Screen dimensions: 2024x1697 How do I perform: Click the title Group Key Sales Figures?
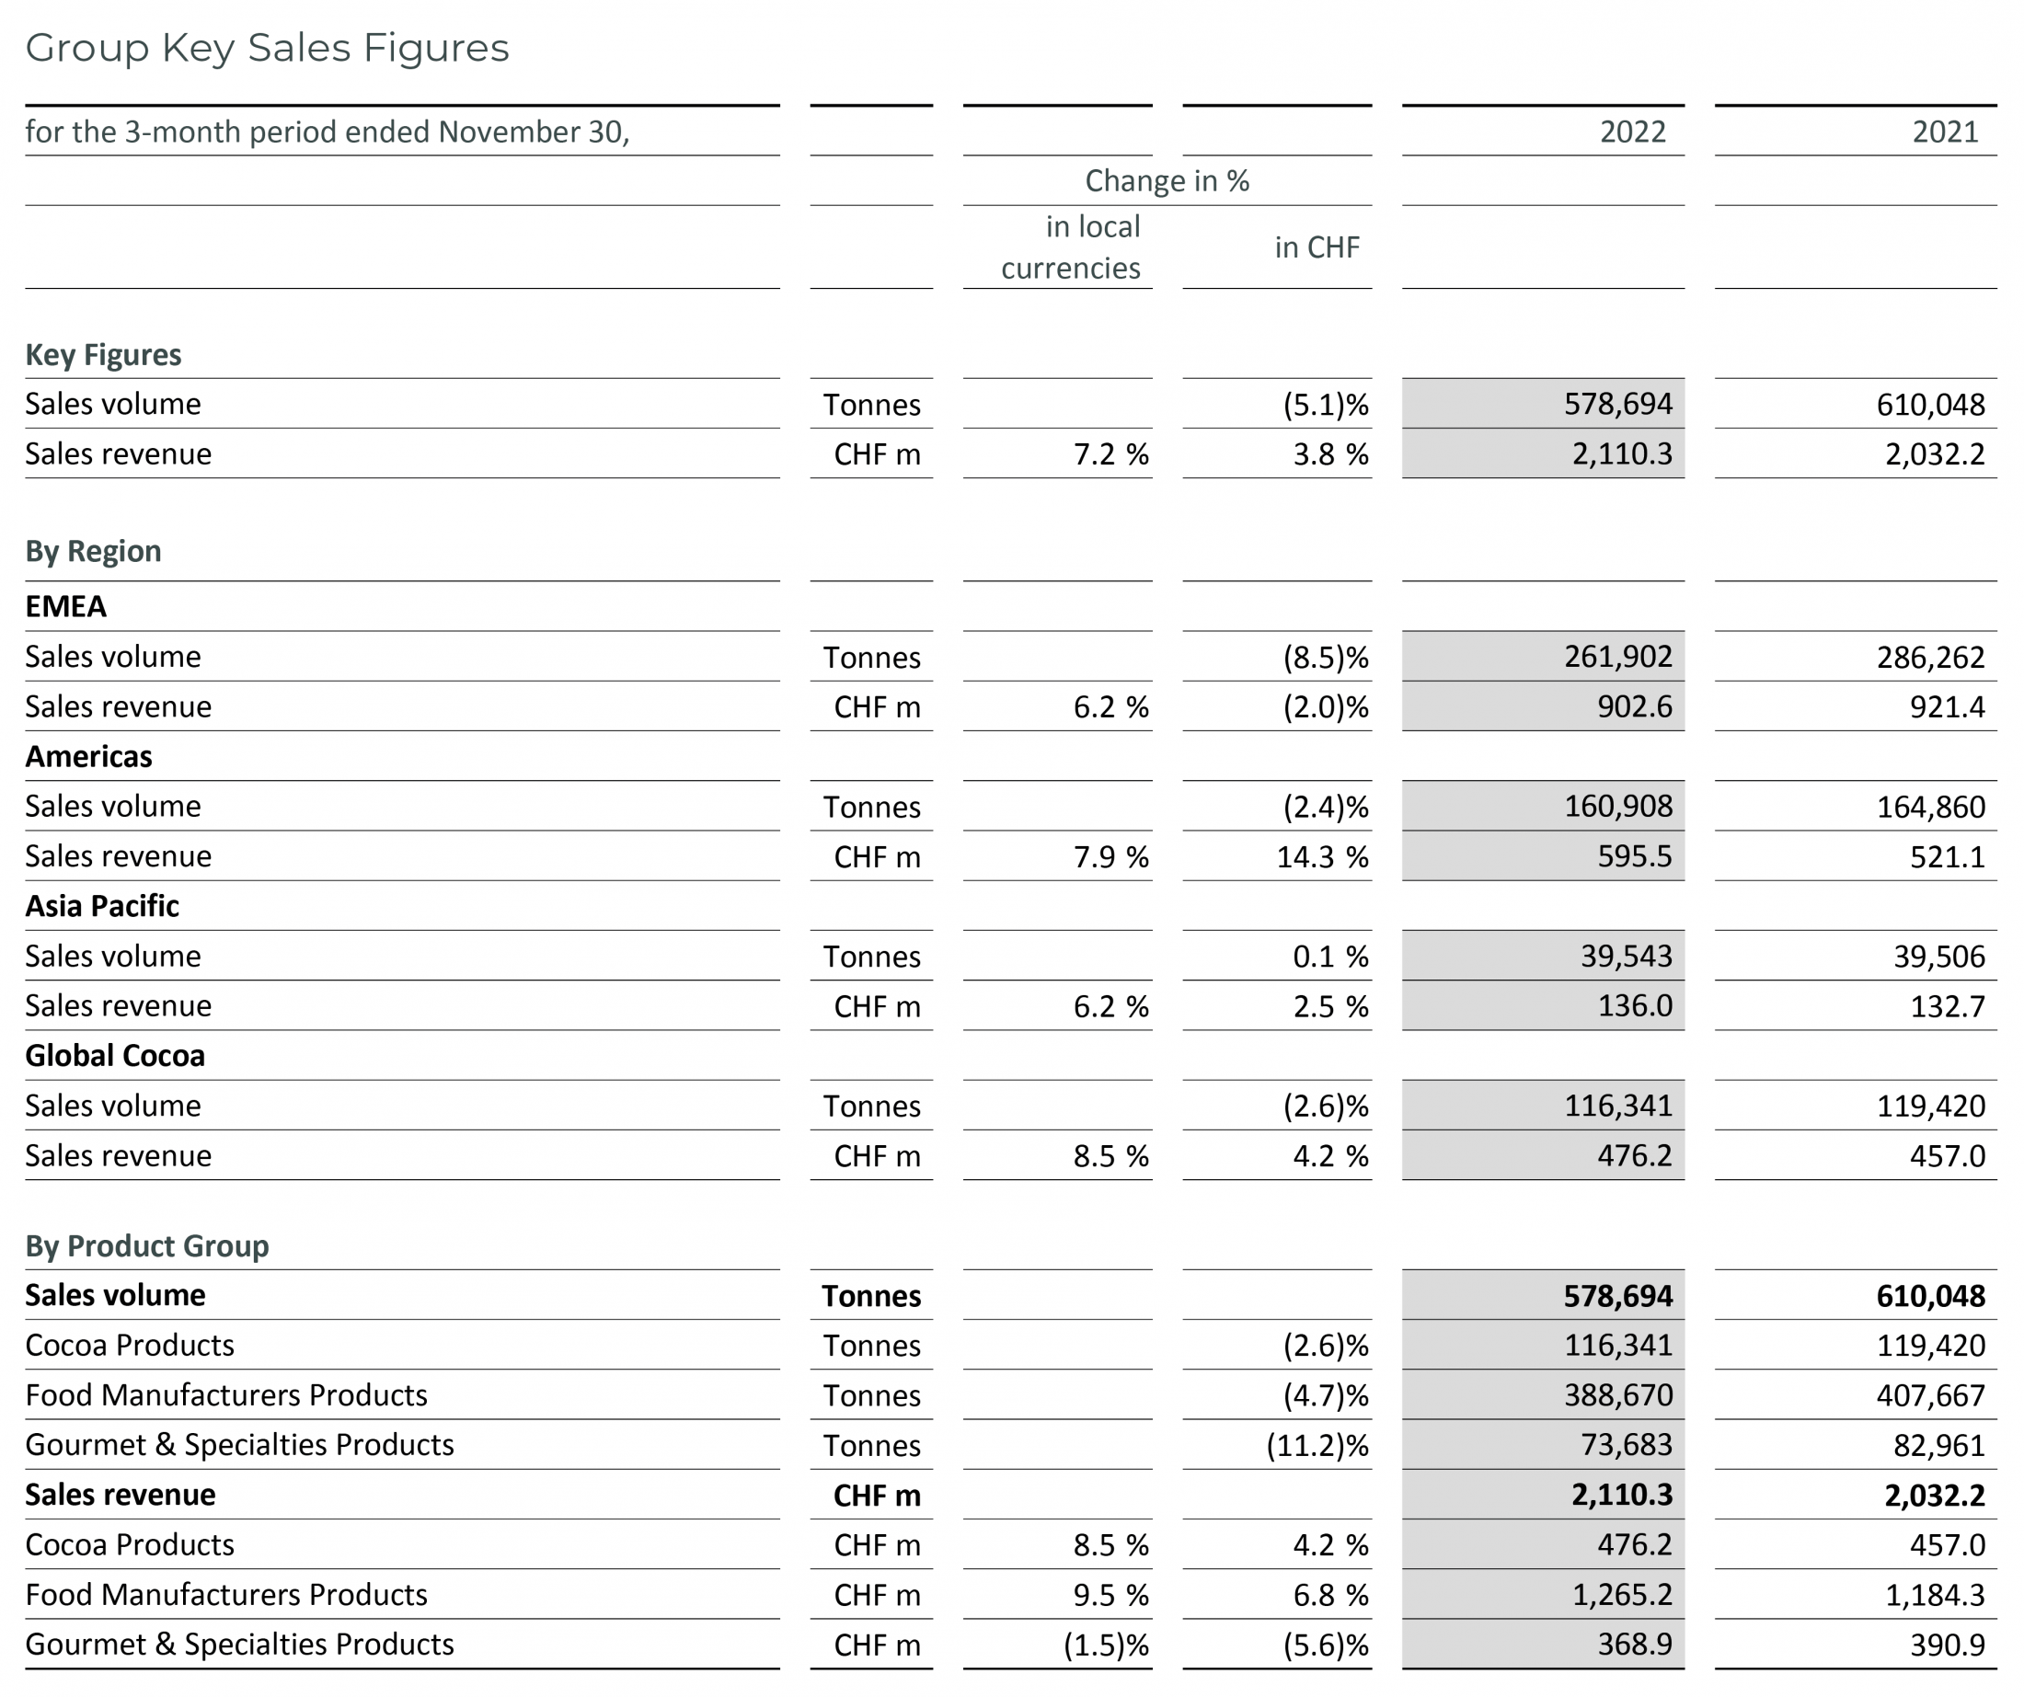267,48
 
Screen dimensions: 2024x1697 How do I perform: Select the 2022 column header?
1633,132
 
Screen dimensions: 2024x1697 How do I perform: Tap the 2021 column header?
1945,132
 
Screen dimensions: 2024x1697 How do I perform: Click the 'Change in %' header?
1167,181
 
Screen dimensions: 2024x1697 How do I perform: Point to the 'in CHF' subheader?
1317,247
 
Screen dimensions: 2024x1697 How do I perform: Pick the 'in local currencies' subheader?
1071,247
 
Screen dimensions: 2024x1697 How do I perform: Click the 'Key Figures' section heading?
103,356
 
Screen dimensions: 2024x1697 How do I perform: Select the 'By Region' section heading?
94,551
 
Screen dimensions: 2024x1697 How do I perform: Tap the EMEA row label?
65,607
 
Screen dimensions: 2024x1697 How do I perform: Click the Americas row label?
88,756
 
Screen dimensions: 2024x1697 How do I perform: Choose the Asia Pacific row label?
102,907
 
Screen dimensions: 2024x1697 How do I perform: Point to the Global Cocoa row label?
115,1056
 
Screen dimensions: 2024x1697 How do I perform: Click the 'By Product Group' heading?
147,1246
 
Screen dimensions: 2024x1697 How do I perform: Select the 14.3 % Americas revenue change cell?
1322,856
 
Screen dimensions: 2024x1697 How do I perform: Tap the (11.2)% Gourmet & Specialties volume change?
1317,1446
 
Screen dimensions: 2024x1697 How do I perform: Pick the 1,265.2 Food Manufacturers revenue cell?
1622,1595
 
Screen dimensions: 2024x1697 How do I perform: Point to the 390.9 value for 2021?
1948,1645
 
